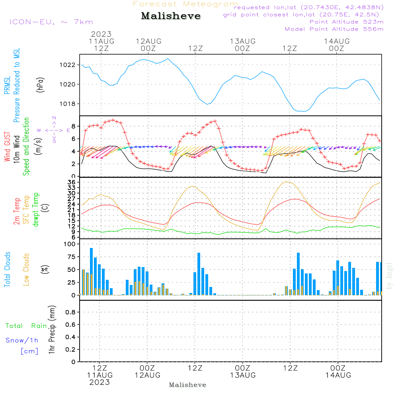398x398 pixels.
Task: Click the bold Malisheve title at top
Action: click(171, 16)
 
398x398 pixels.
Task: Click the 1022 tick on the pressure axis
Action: click(68, 65)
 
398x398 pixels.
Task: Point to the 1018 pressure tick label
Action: click(68, 104)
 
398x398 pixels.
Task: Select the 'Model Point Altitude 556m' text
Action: click(334, 29)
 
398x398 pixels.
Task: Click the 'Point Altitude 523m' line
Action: click(346, 22)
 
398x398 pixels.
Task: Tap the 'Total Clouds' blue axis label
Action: click(7, 269)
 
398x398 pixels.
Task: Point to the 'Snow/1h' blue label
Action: click(22, 340)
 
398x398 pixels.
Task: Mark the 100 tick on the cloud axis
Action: click(69, 244)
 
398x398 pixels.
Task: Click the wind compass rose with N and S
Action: click(54, 130)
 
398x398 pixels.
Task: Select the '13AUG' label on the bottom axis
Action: click(242, 375)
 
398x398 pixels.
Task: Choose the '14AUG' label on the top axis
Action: click(337, 41)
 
